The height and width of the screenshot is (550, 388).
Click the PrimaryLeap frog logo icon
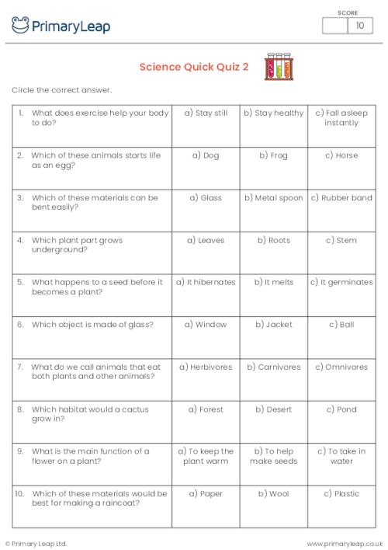pos(20,26)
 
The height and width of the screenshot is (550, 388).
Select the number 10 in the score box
pos(359,26)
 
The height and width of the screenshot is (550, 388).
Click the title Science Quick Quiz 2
pos(194,67)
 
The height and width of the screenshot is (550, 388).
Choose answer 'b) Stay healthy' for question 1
pos(274,113)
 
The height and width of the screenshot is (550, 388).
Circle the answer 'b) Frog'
pos(274,155)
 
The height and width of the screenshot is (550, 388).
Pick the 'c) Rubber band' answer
pos(341,198)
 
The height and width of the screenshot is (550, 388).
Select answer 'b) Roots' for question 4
pos(274,240)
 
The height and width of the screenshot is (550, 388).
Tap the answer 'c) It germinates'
pos(341,282)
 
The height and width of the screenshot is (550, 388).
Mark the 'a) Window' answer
pos(206,324)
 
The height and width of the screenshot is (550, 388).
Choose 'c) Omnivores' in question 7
pos(341,367)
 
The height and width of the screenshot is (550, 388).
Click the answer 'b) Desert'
pos(274,409)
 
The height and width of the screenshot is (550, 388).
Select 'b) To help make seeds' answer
pos(274,456)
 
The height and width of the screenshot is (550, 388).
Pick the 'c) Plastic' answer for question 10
pos(341,493)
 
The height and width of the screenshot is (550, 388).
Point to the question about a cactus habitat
pos(90,413)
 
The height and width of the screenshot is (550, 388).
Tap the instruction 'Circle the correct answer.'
pos(62,90)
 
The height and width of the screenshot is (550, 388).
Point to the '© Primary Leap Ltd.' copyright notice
pos(36,543)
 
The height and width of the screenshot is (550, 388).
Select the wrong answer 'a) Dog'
pos(206,155)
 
